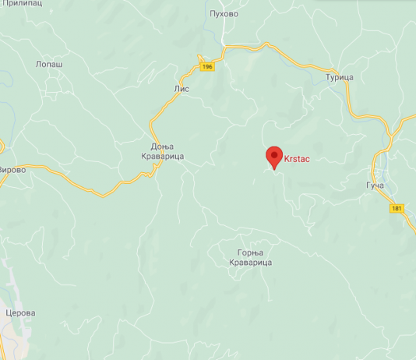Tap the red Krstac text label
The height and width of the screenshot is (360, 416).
298,159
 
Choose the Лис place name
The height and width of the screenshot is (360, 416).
181,90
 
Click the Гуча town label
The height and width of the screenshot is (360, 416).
375,187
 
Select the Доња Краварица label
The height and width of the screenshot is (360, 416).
167,151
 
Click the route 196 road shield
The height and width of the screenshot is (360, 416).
206,67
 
